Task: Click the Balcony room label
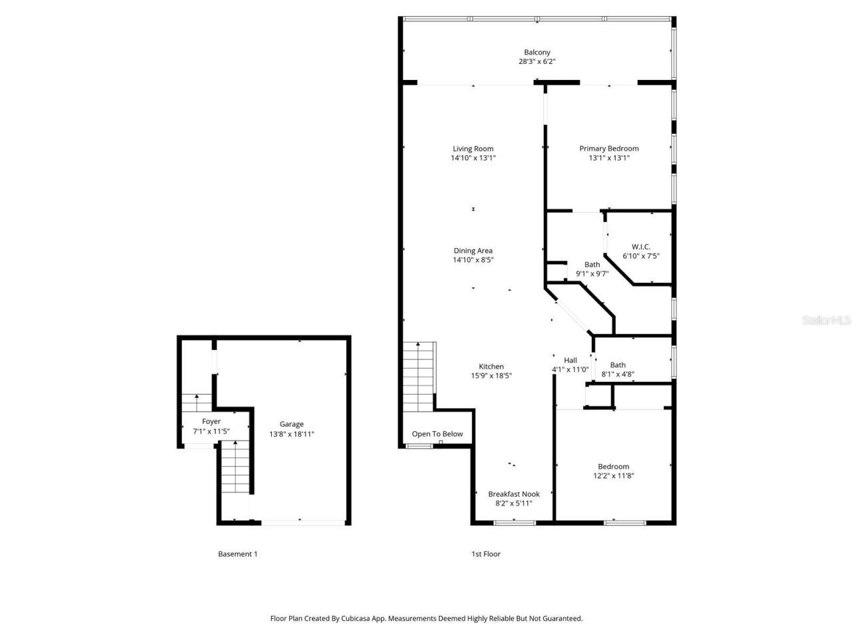[536, 52]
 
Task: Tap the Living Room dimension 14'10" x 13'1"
[473, 159]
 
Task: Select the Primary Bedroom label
[608, 149]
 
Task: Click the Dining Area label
[473, 251]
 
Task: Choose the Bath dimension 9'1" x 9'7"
[592, 273]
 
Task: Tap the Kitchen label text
[491, 367]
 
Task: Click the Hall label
[570, 360]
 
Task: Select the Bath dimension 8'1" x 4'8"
[618, 375]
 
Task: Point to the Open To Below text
[437, 434]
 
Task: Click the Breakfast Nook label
[514, 494]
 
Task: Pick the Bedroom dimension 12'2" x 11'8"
[613, 476]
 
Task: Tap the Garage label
[291, 424]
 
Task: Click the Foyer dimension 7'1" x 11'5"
[211, 431]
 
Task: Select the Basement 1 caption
[237, 554]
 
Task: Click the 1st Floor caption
[486, 554]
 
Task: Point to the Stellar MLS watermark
[826, 321]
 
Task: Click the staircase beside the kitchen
[419, 377]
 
